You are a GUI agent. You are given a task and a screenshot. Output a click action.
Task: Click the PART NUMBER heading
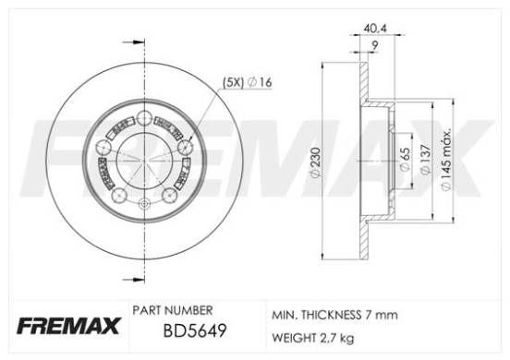point(174,311)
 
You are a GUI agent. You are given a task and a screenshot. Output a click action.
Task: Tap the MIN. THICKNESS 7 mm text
point(333,315)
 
